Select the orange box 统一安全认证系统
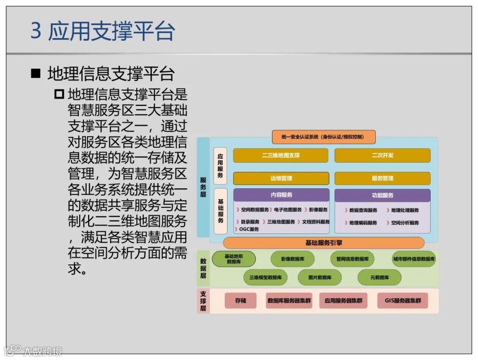pyautogui.click(x=324, y=137)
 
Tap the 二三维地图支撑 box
pyautogui.click(x=281, y=155)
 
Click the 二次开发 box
pyautogui.click(x=382, y=155)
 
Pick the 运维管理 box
pyautogui.click(x=281, y=178)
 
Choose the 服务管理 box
pyautogui.click(x=382, y=178)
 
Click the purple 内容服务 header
pyautogui.click(x=281, y=195)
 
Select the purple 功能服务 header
pyautogui.click(x=382, y=195)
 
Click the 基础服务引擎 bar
pyautogui.click(x=324, y=243)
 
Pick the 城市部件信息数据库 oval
pyautogui.click(x=414, y=259)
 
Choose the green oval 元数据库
pyautogui.click(x=379, y=277)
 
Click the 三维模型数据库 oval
pyautogui.click(x=265, y=277)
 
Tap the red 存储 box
pyautogui.click(x=240, y=301)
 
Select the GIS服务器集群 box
pyautogui.click(x=402, y=301)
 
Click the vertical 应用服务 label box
pyautogui.click(x=220, y=165)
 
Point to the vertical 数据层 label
pyautogui.click(x=203, y=268)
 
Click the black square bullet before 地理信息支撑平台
pyautogui.click(x=36, y=73)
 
